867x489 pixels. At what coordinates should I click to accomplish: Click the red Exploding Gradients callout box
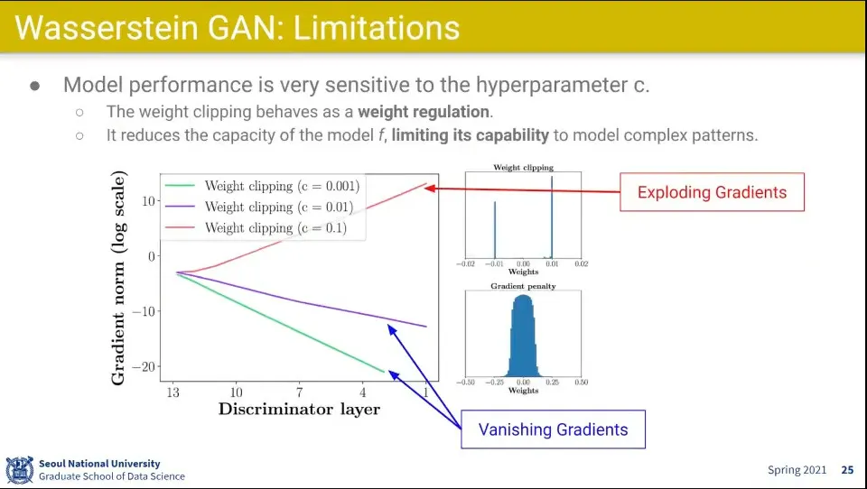tap(712, 192)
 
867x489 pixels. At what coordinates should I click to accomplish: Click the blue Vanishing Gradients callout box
tap(553, 429)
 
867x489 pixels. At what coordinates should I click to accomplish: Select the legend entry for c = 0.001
tap(262, 186)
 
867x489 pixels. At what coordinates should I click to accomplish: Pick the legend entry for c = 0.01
tap(259, 207)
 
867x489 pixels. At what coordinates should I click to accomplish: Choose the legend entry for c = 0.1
tap(256, 227)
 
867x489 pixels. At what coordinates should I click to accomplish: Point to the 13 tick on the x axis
tap(173, 392)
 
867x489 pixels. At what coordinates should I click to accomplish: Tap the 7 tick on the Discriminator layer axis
tap(299, 392)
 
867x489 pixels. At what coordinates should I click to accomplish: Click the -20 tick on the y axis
tap(144, 367)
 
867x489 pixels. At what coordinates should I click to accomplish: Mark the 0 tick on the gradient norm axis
tap(152, 256)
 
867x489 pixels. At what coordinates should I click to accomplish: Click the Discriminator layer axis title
tap(299, 410)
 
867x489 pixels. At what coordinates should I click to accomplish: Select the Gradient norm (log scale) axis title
tap(118, 278)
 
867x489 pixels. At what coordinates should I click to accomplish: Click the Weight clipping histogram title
tap(523, 168)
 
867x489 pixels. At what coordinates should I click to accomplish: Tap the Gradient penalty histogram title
tap(523, 286)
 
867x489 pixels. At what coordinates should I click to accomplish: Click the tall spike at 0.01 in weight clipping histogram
tap(552, 217)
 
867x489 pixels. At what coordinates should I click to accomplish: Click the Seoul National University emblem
tap(19, 470)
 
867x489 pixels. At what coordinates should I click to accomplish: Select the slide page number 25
tap(847, 470)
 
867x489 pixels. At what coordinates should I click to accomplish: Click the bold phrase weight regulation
tap(424, 112)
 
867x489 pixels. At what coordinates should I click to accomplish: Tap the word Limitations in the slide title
tap(377, 28)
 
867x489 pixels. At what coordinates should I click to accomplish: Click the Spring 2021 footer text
tap(797, 470)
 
